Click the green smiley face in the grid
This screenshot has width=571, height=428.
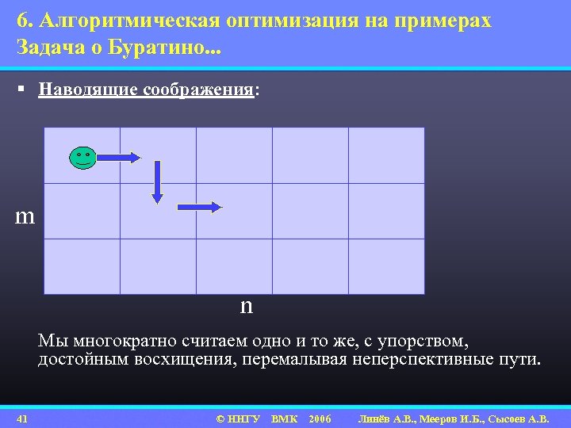(x=82, y=158)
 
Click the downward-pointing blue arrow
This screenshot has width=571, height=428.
(x=157, y=182)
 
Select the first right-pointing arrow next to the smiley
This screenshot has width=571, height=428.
(x=119, y=158)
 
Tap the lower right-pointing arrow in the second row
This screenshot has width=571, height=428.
(x=200, y=207)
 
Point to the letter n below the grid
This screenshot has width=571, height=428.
(x=246, y=306)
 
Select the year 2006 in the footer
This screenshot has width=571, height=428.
(x=320, y=418)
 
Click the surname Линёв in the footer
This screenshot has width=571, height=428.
(x=377, y=418)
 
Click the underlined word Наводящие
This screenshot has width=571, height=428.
(x=90, y=90)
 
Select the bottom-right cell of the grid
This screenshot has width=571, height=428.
(x=386, y=266)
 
